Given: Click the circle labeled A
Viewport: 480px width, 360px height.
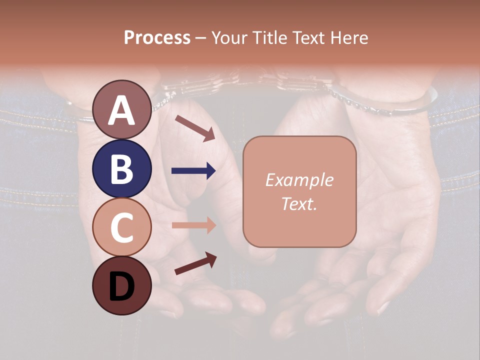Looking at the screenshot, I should (x=121, y=110).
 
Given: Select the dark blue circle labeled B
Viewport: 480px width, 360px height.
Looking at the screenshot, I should (x=121, y=169).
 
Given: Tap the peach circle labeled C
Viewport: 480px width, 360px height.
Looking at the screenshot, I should (x=121, y=227).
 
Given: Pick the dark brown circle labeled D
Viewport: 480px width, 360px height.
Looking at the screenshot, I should (x=121, y=285).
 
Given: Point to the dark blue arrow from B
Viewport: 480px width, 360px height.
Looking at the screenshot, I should (x=193, y=171).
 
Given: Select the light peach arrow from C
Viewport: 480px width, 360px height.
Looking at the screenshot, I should (x=193, y=225).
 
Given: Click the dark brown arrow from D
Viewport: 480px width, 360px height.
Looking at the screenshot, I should (x=195, y=263).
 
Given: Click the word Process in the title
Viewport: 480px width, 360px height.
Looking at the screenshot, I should (x=157, y=37).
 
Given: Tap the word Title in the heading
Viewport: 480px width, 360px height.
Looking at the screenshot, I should (x=266, y=37).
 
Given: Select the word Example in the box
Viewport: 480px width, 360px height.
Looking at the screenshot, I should (x=299, y=180).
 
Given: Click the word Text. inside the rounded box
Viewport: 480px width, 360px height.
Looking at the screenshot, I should (x=299, y=204).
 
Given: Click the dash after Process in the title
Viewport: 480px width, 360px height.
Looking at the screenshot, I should (x=201, y=38).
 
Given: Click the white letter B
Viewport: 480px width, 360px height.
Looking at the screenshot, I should (x=121, y=169).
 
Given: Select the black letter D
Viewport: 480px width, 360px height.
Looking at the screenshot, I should (x=121, y=286).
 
